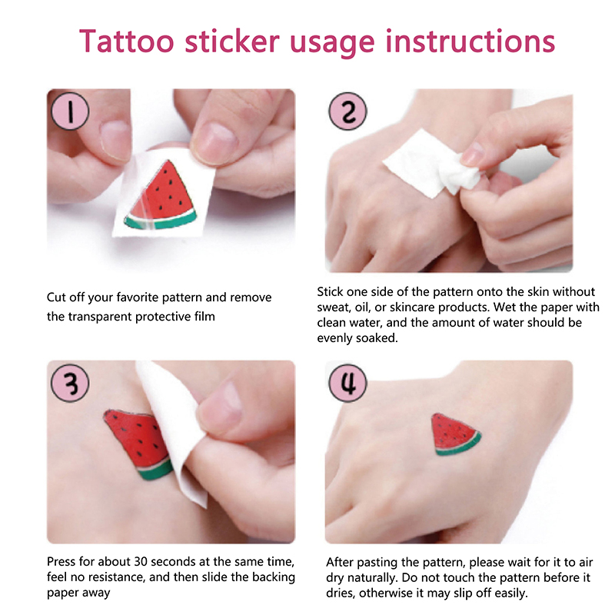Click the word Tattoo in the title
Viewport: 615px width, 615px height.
[x=126, y=42]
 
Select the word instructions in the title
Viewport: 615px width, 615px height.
[x=470, y=42]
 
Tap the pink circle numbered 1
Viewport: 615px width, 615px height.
[x=70, y=111]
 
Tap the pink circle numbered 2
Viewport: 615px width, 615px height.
[x=347, y=111]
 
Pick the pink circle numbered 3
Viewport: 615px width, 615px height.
[x=70, y=383]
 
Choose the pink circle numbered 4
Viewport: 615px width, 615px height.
[x=347, y=383]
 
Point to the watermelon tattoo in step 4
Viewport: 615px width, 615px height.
[x=455, y=434]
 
